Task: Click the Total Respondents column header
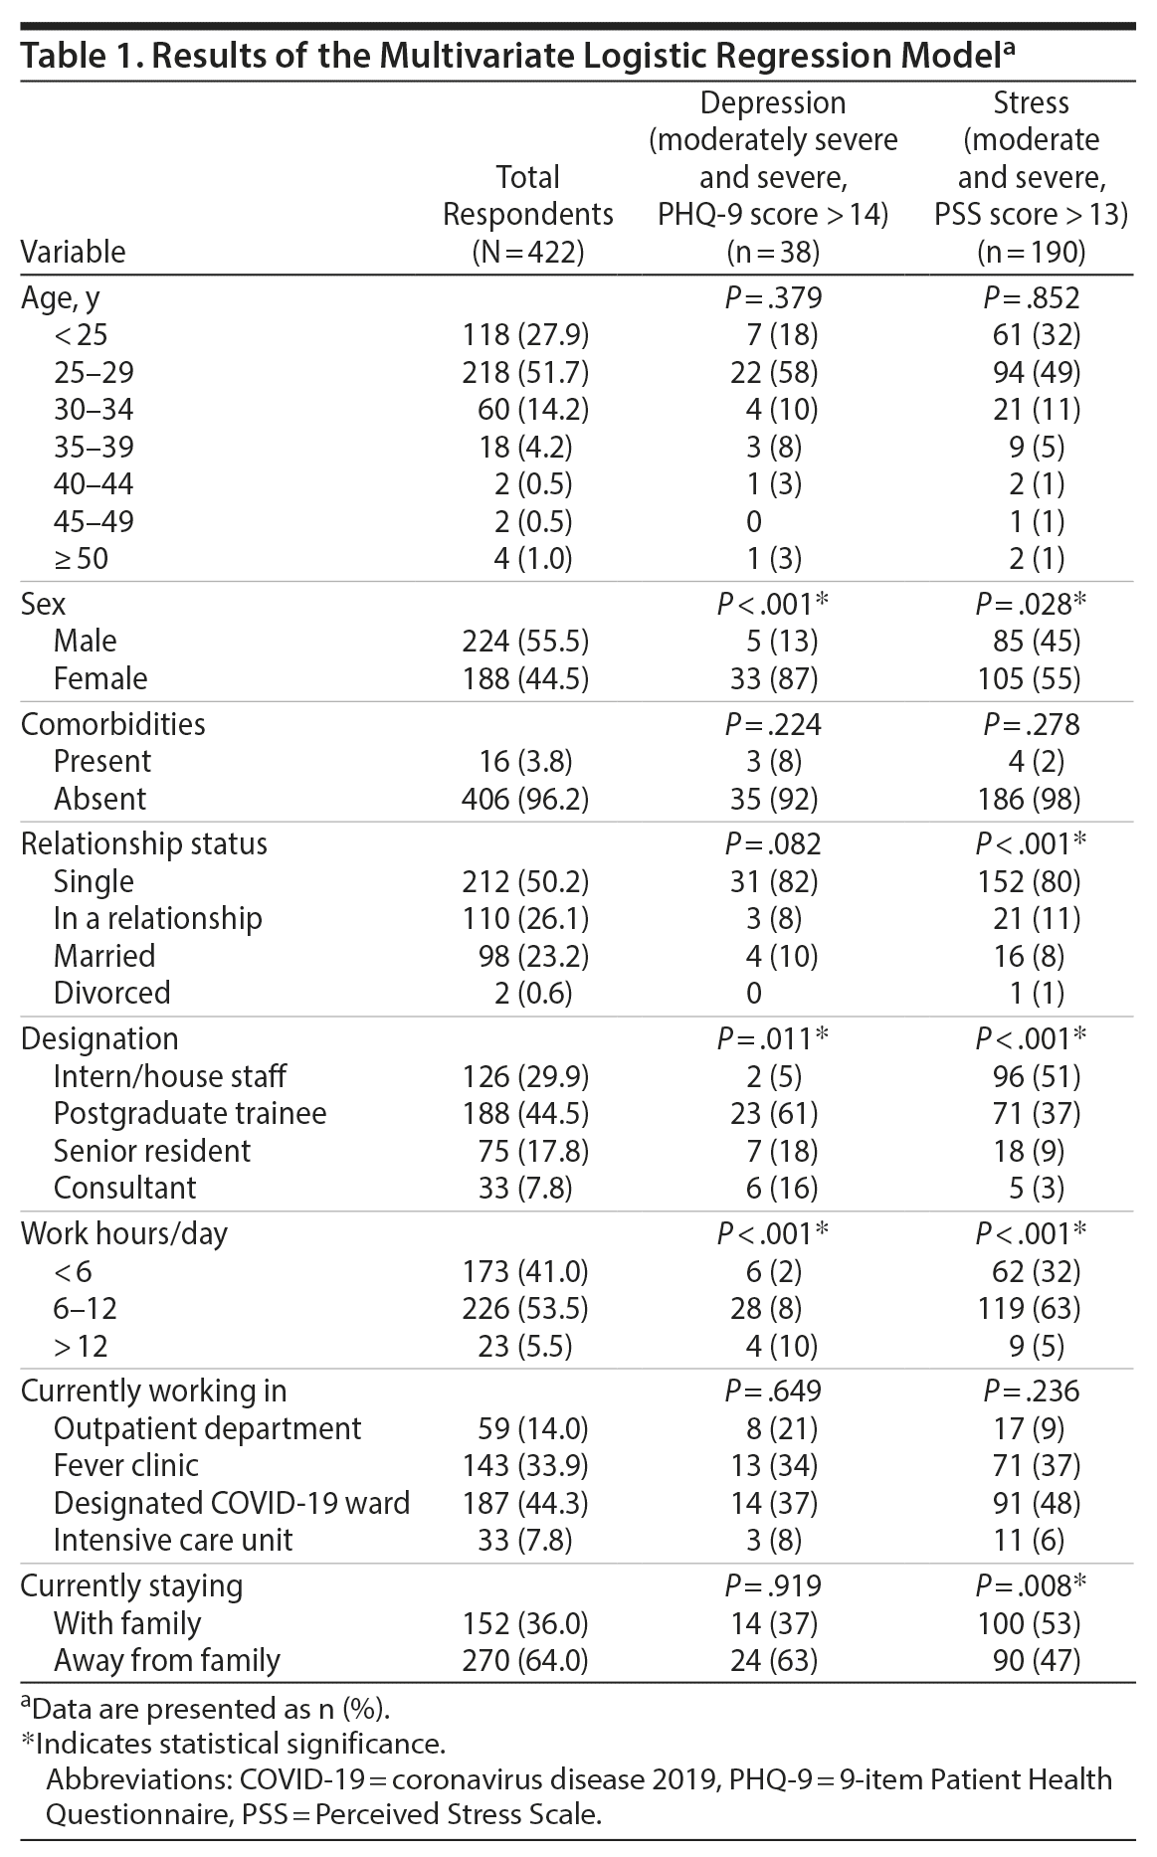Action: (527, 214)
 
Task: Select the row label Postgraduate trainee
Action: (190, 1113)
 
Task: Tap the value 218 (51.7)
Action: (526, 372)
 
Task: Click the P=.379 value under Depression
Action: (773, 297)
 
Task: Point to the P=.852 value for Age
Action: (1031, 297)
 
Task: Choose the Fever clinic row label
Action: (126, 1465)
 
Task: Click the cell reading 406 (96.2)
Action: (526, 799)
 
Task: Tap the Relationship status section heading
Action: (144, 843)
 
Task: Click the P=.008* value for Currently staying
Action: (1031, 1585)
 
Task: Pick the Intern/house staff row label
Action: (170, 1076)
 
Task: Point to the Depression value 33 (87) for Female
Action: (773, 678)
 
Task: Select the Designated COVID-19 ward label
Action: (232, 1502)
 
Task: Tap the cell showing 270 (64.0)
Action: (526, 1660)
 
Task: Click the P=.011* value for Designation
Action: (773, 1038)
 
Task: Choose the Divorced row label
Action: (112, 993)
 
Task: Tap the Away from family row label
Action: (167, 1660)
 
